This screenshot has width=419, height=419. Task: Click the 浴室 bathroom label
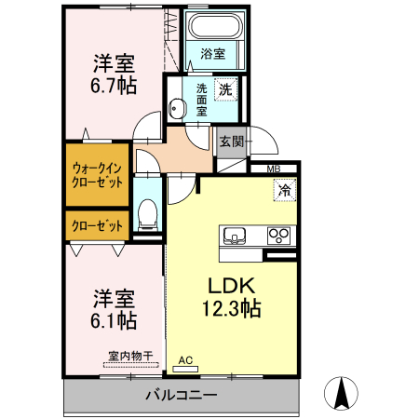tap(212, 55)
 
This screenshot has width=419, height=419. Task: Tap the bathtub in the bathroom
tap(212, 27)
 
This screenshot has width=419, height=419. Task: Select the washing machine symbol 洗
tap(224, 90)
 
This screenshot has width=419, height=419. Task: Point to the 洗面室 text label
tap(201, 98)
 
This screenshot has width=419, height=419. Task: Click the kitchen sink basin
tap(234, 234)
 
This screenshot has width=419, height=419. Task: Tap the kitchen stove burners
tap(278, 234)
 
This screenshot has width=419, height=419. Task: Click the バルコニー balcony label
tap(181, 396)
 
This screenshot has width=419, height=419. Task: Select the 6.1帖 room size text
tap(115, 321)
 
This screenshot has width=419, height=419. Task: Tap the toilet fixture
tap(147, 215)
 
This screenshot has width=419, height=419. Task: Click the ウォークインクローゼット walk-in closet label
tap(96, 175)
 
